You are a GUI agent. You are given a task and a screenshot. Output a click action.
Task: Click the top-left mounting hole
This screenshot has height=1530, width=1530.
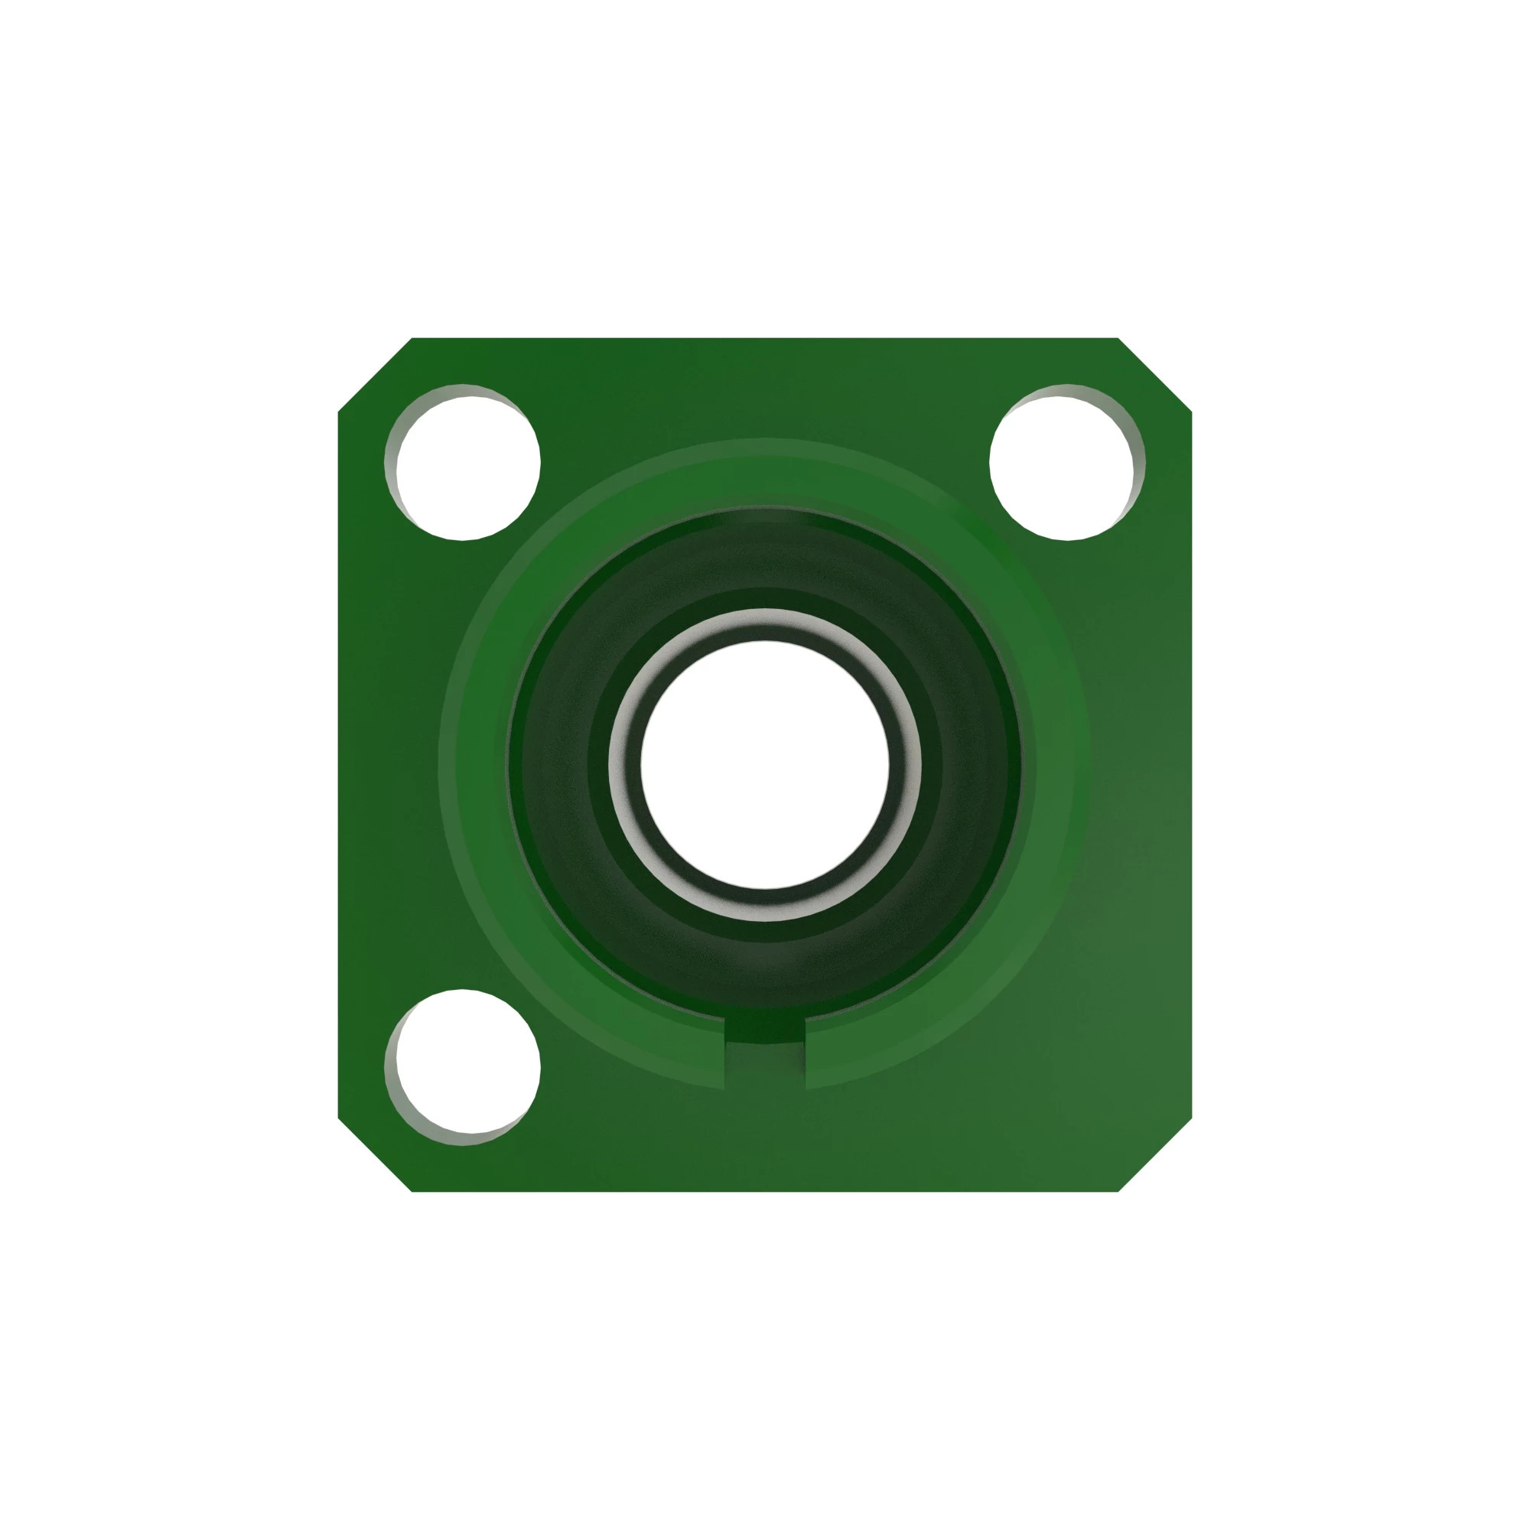coord(467,467)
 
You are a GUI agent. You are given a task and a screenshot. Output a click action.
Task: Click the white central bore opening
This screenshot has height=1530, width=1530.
coord(764,764)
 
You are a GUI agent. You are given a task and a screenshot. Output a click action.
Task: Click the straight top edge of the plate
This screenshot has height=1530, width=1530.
coord(764,340)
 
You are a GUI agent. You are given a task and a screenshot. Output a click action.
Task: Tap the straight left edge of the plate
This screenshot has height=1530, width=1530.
coord(340,764)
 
